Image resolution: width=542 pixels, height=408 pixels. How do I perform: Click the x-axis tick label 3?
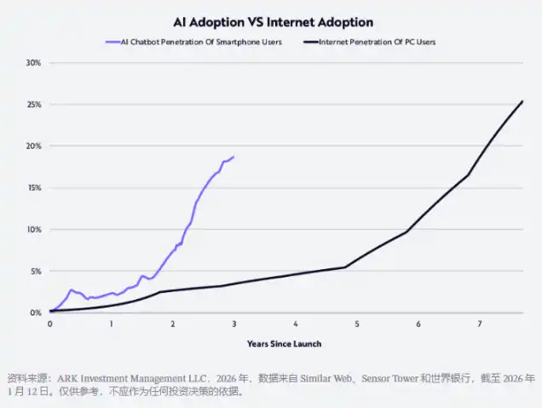(234, 325)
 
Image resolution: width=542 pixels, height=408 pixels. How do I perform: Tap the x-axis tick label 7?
(480, 325)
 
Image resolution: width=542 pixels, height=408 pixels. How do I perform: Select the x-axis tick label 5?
(357, 325)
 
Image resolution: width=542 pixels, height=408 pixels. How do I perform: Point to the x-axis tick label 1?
(111, 325)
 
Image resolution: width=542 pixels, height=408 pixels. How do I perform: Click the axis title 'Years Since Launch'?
(284, 344)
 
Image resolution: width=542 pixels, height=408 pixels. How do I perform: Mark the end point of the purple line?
(234, 157)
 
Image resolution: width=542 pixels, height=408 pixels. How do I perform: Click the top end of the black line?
(522, 101)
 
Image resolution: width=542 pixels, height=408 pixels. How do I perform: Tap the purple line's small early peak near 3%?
(72, 290)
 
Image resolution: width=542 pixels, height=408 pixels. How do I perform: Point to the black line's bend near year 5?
(345, 267)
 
